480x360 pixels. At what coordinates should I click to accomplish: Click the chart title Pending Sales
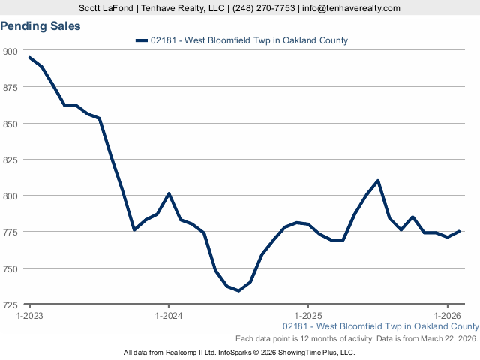click(x=40, y=25)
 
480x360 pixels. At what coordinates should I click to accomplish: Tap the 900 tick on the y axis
click(x=11, y=51)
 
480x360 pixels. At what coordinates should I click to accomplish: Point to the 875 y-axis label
click(x=11, y=87)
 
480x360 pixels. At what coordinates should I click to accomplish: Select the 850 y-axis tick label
click(x=11, y=123)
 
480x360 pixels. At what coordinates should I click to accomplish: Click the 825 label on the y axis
click(x=11, y=160)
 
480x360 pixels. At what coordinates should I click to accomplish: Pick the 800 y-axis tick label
click(x=11, y=196)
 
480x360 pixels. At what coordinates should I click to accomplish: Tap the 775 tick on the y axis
click(x=11, y=232)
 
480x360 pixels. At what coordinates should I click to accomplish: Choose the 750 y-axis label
click(x=11, y=268)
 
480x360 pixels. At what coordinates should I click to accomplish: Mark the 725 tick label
click(x=11, y=304)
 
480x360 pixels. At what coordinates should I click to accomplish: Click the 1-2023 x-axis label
click(x=30, y=316)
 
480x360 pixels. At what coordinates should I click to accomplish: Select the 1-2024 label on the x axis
click(x=169, y=316)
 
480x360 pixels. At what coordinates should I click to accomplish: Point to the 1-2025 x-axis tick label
click(x=308, y=316)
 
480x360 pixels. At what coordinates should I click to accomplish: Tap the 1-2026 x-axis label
click(x=447, y=316)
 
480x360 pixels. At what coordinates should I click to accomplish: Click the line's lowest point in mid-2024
click(x=238, y=290)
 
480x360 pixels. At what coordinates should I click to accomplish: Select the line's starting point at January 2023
click(x=30, y=58)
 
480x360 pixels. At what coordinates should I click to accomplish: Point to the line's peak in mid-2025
click(x=378, y=181)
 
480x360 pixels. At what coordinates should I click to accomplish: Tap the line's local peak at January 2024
click(x=169, y=193)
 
